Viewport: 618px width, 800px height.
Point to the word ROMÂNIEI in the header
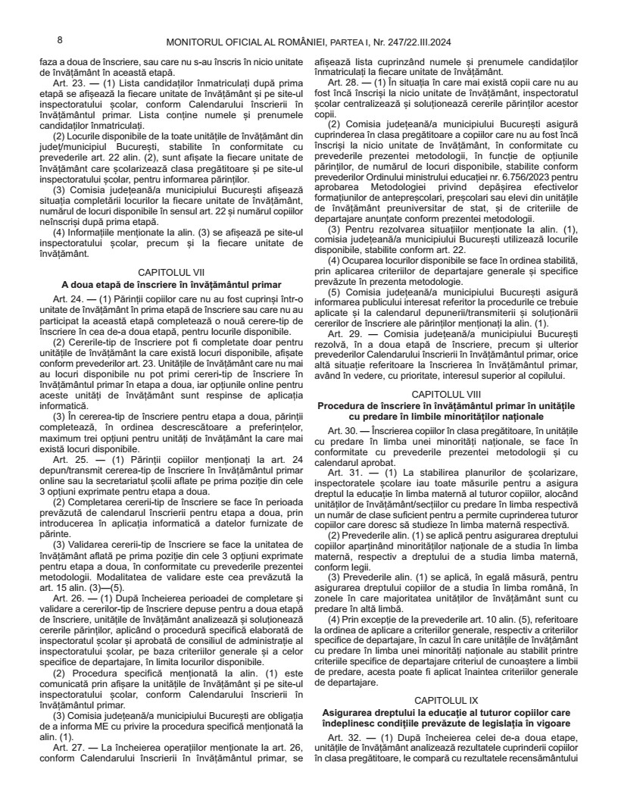point(289,42)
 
